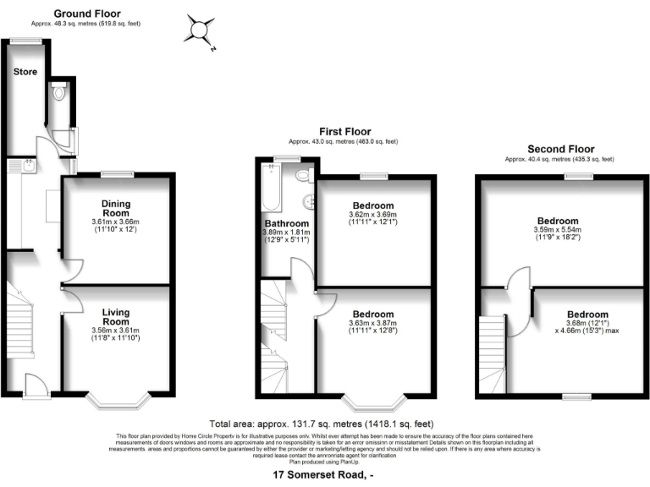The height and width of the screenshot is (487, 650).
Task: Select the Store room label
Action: click(25, 72)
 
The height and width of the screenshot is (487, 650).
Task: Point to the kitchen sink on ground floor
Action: click(26, 168)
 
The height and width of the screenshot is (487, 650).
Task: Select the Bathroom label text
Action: click(285, 223)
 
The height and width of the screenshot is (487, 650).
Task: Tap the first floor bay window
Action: click(373, 402)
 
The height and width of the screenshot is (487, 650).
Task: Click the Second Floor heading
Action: click(559, 148)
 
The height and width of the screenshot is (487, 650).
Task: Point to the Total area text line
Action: click(322, 423)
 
